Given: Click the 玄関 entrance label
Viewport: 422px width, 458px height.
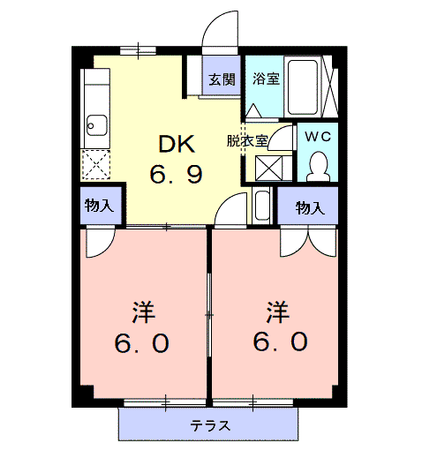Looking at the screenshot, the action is click(x=222, y=79).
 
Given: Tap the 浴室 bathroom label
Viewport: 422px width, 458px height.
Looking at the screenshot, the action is click(x=266, y=79).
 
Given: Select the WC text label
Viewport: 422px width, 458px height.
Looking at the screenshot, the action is click(x=318, y=137).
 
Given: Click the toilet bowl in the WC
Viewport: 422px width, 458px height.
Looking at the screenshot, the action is click(x=319, y=167).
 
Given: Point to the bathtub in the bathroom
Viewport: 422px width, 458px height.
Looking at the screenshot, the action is click(x=303, y=87).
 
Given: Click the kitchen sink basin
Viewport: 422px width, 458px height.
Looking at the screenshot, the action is click(x=97, y=125).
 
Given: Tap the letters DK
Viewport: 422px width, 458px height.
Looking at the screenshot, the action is click(x=177, y=144).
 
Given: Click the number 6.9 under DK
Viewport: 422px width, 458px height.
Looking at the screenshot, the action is click(x=176, y=174).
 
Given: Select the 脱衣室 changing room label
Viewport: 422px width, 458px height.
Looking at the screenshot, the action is click(x=247, y=141).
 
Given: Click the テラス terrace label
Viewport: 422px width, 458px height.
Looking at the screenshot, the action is click(x=210, y=425).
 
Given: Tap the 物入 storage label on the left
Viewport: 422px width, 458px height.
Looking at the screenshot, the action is click(x=99, y=205).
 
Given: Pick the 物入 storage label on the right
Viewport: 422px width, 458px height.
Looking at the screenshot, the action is click(x=310, y=207).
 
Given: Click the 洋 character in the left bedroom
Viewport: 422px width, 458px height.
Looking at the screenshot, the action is click(x=143, y=312).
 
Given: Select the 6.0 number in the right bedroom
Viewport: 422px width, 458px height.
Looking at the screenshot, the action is click(x=281, y=342).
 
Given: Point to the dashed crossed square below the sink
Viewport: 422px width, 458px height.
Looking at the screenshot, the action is click(x=95, y=164).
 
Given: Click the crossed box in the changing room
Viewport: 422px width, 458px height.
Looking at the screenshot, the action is click(x=268, y=168).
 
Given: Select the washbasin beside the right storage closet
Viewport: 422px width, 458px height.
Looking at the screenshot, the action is click(x=262, y=206).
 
